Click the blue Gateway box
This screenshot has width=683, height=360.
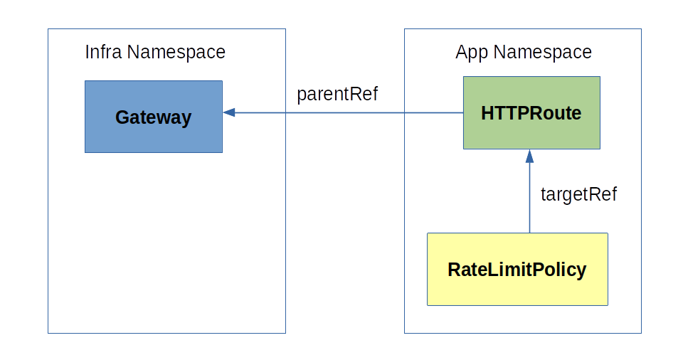pos(153,117)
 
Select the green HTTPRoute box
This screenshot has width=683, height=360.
pos(531,112)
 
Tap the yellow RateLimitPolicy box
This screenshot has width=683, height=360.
pos(517,270)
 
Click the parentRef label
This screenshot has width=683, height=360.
pos(337,94)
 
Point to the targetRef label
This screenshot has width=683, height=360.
pos(578,194)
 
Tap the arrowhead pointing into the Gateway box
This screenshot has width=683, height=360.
pos(228,112)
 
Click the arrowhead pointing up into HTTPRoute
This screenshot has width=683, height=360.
pos(529,154)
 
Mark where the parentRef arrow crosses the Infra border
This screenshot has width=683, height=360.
pos(285,112)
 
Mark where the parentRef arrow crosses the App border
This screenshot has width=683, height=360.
pos(405,112)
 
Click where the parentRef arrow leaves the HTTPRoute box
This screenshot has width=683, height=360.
pos(463,112)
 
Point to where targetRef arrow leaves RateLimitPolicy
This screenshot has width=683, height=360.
pos(529,233)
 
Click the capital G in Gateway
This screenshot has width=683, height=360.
pos(122,117)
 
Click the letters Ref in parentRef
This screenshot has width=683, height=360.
pos(364,94)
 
